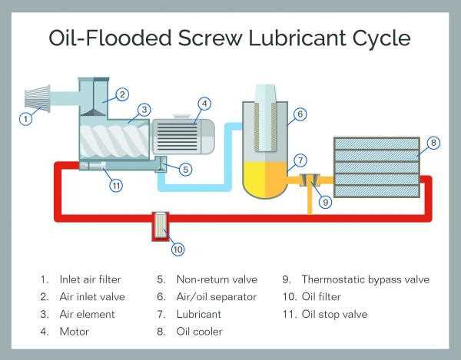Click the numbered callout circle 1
point(26,119)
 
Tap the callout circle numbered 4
point(204,103)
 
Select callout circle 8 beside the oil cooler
point(433,142)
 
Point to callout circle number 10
point(177,249)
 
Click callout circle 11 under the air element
point(115,184)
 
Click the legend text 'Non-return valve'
point(217,279)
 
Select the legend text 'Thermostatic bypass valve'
point(365,279)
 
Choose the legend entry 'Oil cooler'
point(201,332)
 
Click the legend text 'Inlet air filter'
point(89,279)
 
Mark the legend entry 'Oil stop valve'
point(334,314)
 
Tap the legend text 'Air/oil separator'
point(220,297)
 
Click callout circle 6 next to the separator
point(300,114)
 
